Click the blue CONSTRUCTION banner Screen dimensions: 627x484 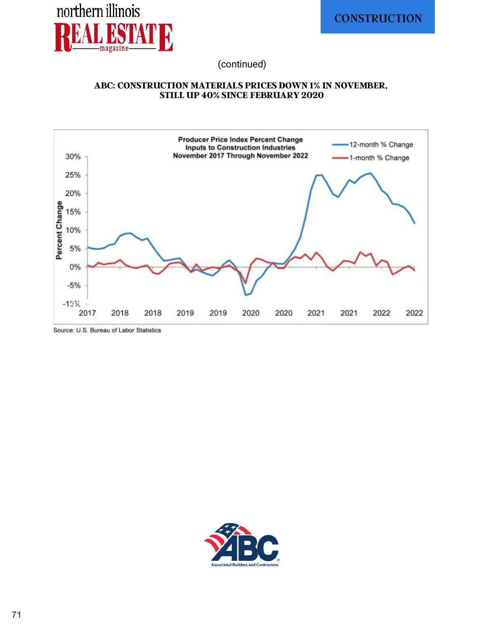pyautogui.click(x=378, y=17)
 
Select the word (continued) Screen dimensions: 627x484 pyautogui.click(x=242, y=64)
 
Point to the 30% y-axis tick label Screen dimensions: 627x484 pyautogui.click(x=73, y=157)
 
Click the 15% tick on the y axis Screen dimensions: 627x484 pyautogui.click(x=73, y=212)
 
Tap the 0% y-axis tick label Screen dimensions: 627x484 pyautogui.click(x=75, y=267)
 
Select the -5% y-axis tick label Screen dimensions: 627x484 pyautogui.click(x=74, y=285)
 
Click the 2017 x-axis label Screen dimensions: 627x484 pyautogui.click(x=87, y=313)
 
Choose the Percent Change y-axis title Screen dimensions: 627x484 pyautogui.click(x=59, y=230)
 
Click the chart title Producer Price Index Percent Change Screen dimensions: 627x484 pyautogui.click(x=240, y=140)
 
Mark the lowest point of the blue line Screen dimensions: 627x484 pyautogui.click(x=246, y=295)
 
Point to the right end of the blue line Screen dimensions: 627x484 pyautogui.click(x=414, y=223)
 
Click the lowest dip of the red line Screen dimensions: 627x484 pyautogui.click(x=245, y=283)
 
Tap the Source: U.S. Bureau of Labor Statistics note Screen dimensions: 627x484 pyautogui.click(x=107, y=330)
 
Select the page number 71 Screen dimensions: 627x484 pyautogui.click(x=17, y=614)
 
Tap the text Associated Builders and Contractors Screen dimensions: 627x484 pyautogui.click(x=245, y=565)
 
